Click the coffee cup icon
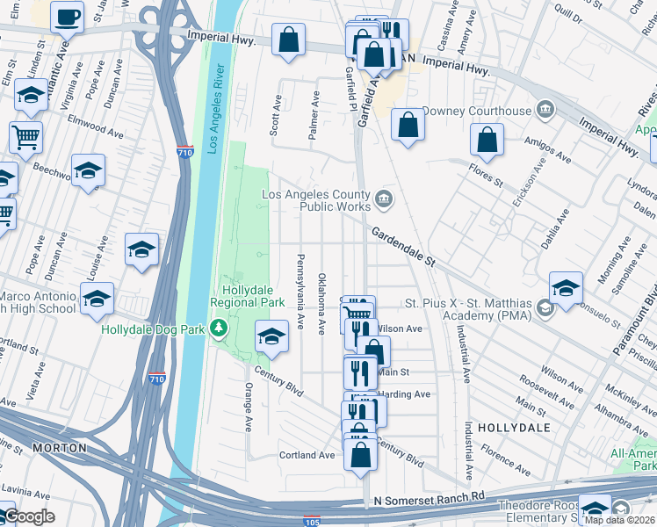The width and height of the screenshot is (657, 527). (67, 16)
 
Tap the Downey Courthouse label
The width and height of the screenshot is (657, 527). (477, 111)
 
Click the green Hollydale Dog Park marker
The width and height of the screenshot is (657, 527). (219, 329)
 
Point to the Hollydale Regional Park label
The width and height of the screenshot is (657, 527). (253, 295)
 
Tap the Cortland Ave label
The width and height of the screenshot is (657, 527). (307, 455)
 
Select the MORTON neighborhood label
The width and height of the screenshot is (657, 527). (60, 448)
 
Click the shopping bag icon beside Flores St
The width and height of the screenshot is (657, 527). (487, 139)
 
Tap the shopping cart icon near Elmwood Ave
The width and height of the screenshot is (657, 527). (25, 135)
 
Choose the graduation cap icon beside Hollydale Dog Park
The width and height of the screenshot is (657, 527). (271, 336)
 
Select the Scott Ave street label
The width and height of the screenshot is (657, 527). (276, 114)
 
